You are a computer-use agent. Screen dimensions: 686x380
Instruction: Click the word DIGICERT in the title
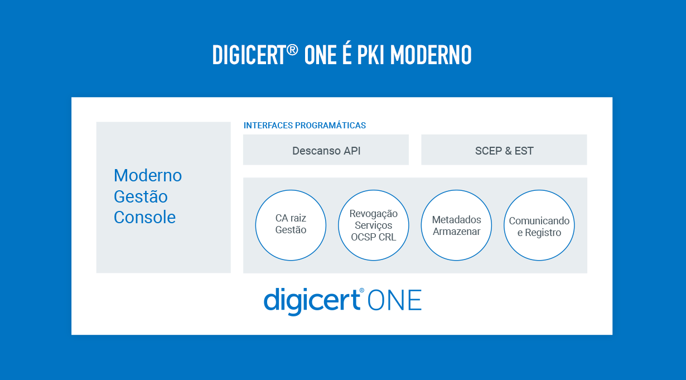[249, 55]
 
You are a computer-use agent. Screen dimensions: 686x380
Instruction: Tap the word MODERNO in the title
[431, 55]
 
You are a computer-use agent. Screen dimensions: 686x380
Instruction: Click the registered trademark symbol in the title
[292, 50]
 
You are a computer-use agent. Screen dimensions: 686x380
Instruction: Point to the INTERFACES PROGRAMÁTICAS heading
[305, 126]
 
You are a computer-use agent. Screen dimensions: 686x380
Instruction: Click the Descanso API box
[326, 150]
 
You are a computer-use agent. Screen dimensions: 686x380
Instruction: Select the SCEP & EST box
[504, 150]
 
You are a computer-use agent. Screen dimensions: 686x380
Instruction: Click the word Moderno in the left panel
[148, 175]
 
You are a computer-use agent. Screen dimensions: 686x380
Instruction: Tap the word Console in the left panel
[144, 217]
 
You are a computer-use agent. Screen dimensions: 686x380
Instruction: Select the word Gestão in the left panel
[141, 196]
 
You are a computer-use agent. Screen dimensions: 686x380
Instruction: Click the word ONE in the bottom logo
[394, 300]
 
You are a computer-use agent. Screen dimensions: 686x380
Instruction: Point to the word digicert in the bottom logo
[312, 301]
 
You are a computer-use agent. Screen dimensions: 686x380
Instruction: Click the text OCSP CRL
[373, 237]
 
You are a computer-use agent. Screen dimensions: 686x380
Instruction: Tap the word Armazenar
[456, 232]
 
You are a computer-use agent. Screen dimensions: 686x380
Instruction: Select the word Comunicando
[539, 220]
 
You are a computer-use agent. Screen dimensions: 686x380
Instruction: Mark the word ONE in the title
[320, 55]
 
